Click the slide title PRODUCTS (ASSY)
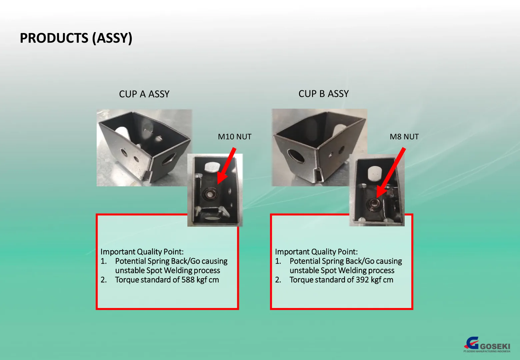[76, 38]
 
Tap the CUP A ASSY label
[144, 94]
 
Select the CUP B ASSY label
[323, 94]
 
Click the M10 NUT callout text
[234, 137]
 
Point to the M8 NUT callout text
[404, 137]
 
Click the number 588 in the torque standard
[188, 280]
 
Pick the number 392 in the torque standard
[362, 280]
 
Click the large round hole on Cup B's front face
[296, 156]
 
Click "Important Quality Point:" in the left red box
[142, 252]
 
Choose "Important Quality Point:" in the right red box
[316, 252]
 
